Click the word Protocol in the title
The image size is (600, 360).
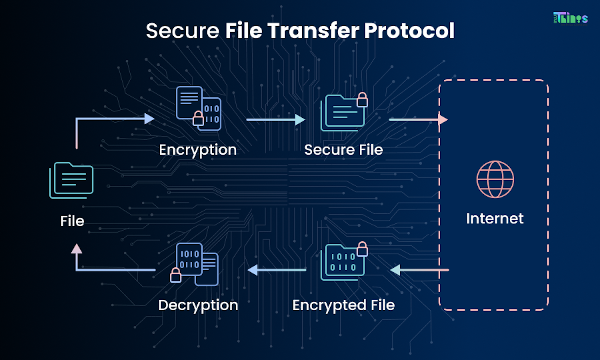tap(409, 31)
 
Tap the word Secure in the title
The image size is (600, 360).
tap(182, 31)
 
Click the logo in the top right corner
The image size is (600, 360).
tap(570, 18)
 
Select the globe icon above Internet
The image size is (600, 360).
tap(495, 179)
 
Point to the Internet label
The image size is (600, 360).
tap(495, 218)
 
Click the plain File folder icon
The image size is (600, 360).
tap(72, 180)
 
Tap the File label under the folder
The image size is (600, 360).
tap(72, 221)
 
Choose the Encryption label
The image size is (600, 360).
tap(197, 150)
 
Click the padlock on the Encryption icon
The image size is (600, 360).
tap(198, 118)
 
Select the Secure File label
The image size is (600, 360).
tap(343, 150)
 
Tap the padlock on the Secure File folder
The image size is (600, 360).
tap(362, 100)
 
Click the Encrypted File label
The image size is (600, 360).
tap(343, 305)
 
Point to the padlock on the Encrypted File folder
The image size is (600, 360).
tap(362, 249)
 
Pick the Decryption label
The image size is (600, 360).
tap(198, 305)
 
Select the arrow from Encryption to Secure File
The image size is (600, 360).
tap(275, 119)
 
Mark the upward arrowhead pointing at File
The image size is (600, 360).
tap(77, 249)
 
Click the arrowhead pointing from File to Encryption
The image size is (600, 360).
tap(149, 119)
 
